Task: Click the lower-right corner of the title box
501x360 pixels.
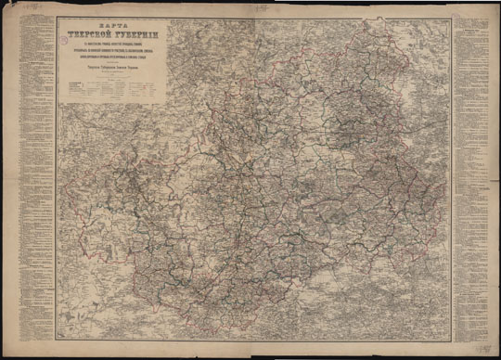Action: pyautogui.click(x=165, y=105)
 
